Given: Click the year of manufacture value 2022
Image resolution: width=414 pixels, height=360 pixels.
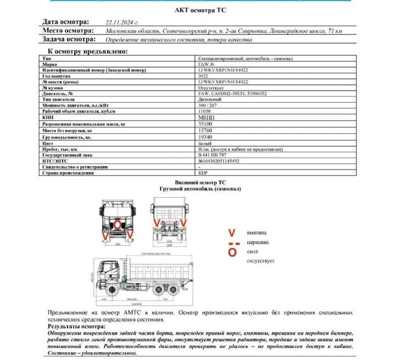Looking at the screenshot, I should [x=204, y=76].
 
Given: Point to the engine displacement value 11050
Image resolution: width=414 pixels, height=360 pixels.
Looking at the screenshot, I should [x=205, y=111].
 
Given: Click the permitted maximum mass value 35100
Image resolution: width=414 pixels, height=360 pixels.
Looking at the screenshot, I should [x=205, y=124].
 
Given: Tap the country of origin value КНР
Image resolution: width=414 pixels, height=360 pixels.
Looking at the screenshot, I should [x=203, y=172].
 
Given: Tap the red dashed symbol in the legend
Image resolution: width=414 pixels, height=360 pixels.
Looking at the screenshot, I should [x=233, y=242].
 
